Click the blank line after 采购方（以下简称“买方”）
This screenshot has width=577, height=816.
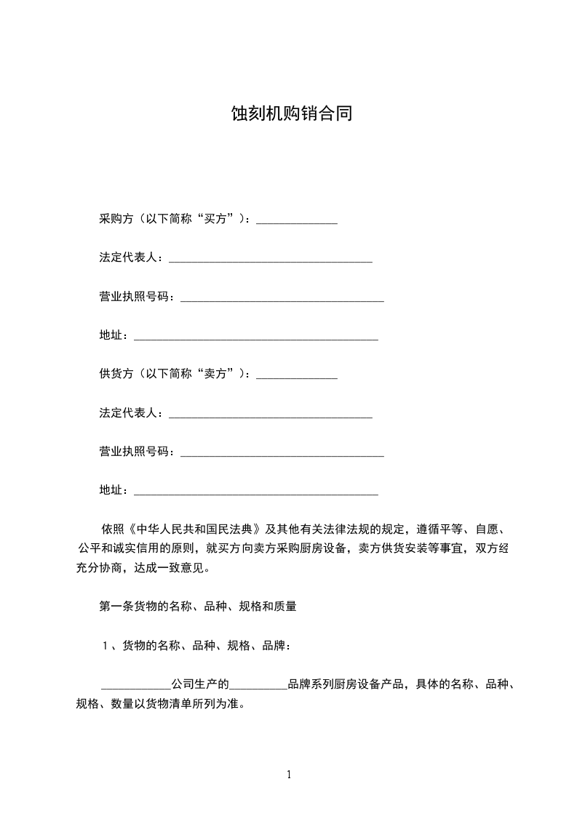(297, 220)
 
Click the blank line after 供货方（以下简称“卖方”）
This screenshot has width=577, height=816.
(297, 377)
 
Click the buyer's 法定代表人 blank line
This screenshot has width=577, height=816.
(270, 260)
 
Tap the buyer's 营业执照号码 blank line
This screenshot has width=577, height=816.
(282, 299)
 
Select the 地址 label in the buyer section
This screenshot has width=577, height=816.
(110, 335)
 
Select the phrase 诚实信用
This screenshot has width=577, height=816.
(140, 548)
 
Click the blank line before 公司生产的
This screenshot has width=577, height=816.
(135, 687)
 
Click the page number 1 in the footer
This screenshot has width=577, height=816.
(289, 775)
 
